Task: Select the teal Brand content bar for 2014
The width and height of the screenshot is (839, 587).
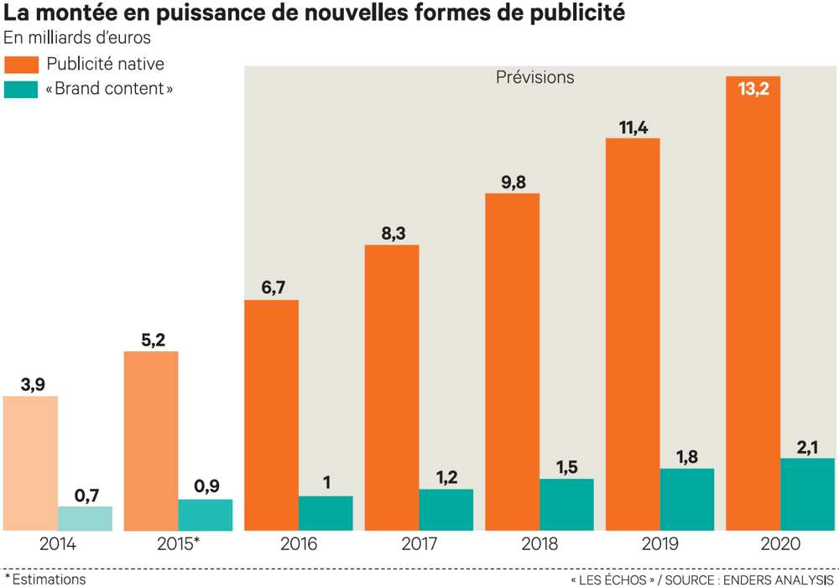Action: tap(85, 518)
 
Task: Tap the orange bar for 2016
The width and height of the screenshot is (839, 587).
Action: tap(271, 415)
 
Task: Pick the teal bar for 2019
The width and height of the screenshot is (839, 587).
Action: tap(687, 499)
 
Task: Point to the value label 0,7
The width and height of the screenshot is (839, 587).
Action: tap(86, 496)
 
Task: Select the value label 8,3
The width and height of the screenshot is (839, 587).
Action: tap(392, 234)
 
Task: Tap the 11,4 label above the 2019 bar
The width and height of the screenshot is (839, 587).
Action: tap(633, 127)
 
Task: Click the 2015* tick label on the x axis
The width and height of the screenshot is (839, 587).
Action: tap(178, 544)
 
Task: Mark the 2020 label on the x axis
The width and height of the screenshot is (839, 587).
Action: tap(780, 544)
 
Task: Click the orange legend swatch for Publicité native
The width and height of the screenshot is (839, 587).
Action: tap(21, 65)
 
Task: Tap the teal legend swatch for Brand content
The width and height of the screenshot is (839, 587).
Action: tap(21, 89)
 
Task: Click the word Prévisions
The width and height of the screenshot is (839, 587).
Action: tap(534, 77)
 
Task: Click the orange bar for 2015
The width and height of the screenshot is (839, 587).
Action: tap(151, 440)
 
